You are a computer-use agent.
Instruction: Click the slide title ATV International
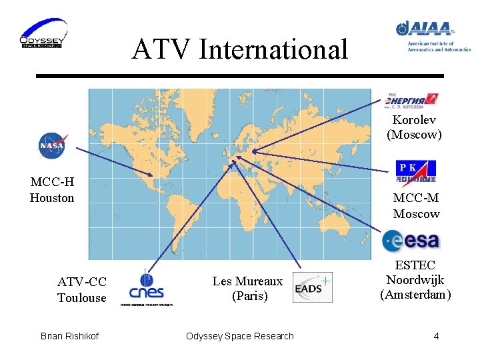tap(240, 49)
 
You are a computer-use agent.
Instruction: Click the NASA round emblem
tap(52, 145)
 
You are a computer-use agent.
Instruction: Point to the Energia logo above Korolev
tap(411, 100)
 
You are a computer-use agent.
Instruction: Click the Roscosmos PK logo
tap(415, 170)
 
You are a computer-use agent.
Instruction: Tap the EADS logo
tap(312, 287)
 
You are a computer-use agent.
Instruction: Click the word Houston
tap(52, 198)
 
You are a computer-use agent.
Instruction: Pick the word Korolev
tap(414, 120)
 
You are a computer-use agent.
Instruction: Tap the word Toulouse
tap(81, 298)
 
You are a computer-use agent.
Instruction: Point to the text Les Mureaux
tap(247, 281)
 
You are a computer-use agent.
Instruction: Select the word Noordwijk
tap(415, 280)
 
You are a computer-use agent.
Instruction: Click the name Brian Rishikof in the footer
tap(69, 336)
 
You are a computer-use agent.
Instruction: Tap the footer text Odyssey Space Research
tap(240, 336)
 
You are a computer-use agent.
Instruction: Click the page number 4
tap(436, 336)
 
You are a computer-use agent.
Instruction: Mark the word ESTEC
tap(415, 265)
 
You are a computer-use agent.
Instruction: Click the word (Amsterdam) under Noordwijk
tap(415, 295)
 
